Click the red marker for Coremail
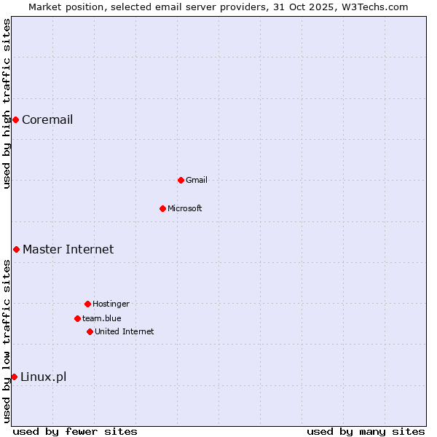pos(15,119)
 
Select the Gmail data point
pos(181,180)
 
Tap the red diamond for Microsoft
pos(162,208)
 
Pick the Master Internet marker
pos(16,249)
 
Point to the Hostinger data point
pos(87,304)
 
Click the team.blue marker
pos(77,318)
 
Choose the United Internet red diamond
pos(90,331)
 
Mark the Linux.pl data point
pos(14,377)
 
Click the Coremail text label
pos(47,120)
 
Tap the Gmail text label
pos(197,181)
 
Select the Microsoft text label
pos(185,209)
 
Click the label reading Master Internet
pos(68,250)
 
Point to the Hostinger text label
pos(111,304)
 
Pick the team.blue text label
pos(102,319)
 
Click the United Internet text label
pos(125,332)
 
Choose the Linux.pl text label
pos(43,377)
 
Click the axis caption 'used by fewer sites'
pos(75,432)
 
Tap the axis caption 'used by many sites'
pos(366,432)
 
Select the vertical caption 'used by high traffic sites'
pos(7,104)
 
